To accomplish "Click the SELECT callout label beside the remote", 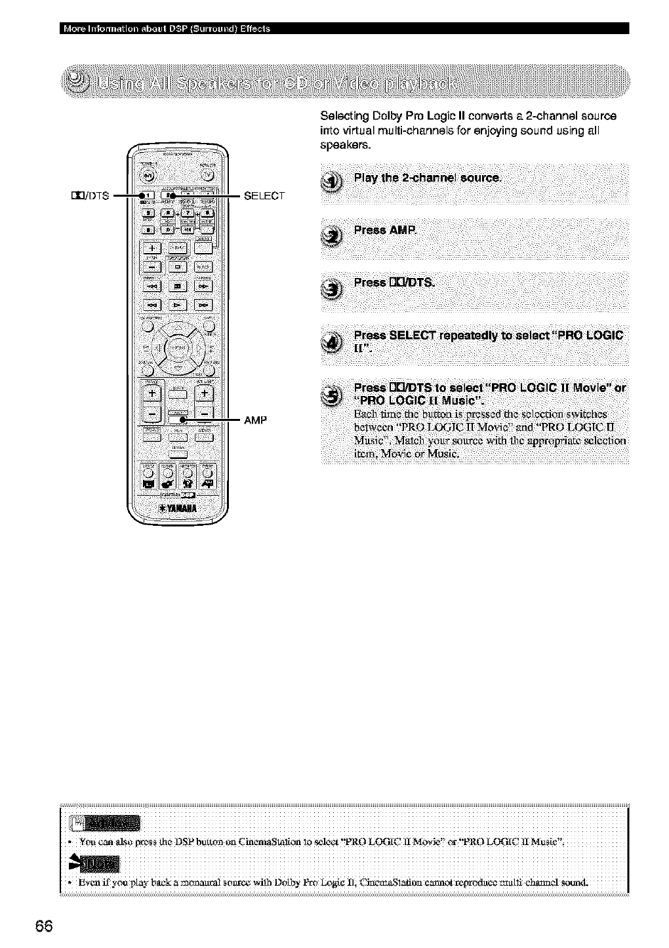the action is point(264,195).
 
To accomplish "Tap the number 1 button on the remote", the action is point(148,195).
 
